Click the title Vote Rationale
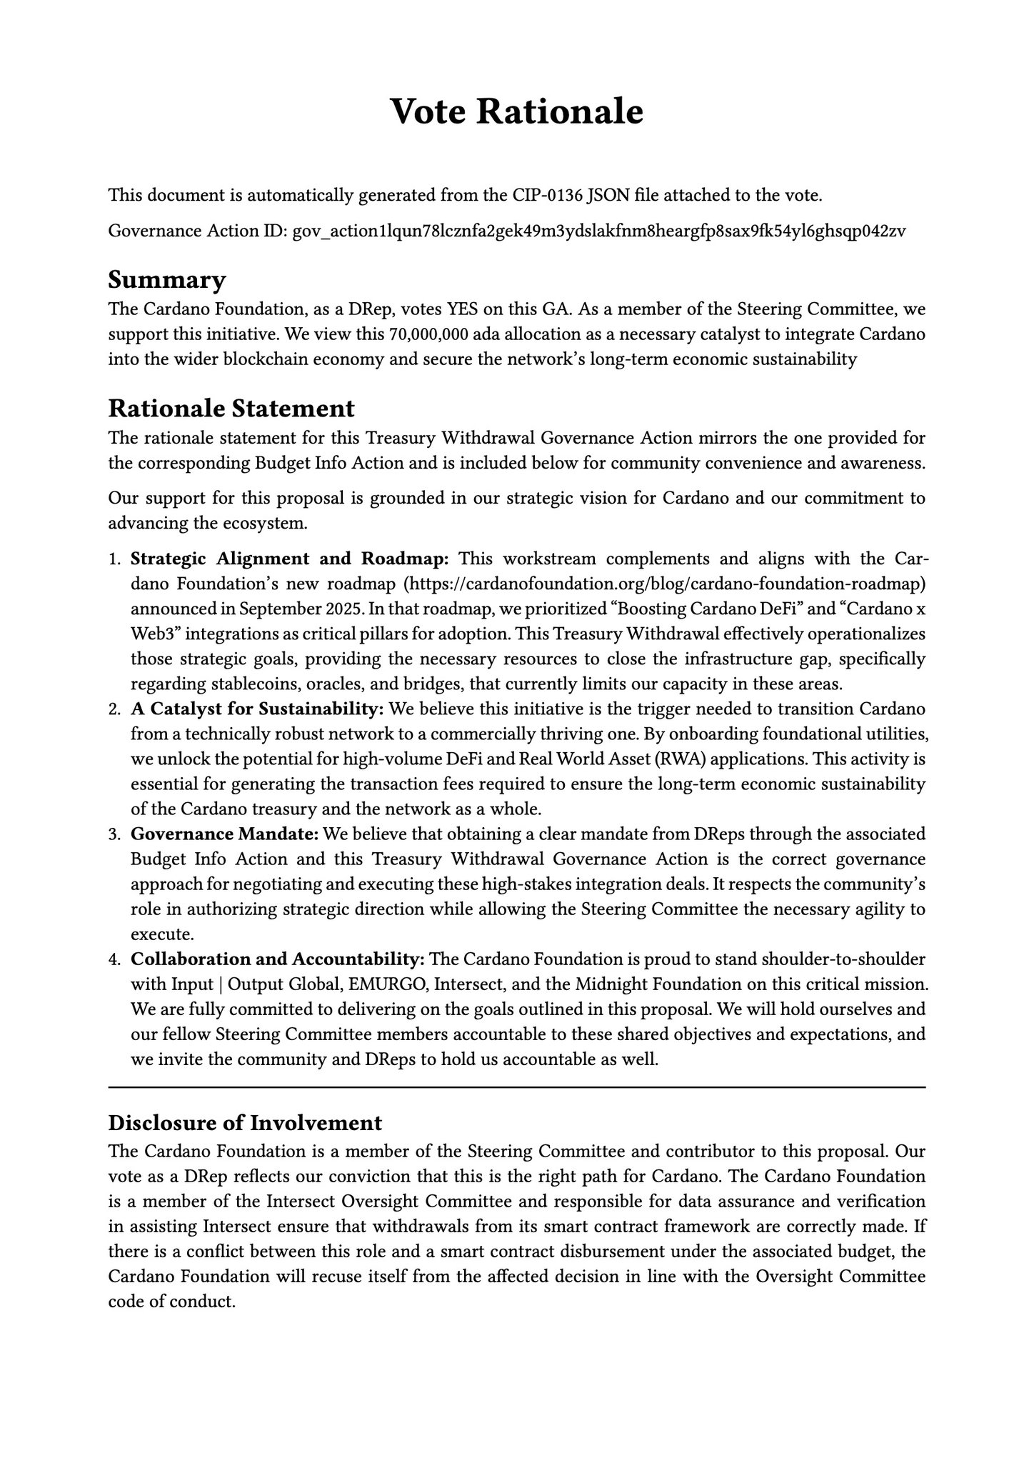(517, 112)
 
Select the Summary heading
(166, 279)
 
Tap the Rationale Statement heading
(231, 408)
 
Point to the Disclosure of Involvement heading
(245, 1122)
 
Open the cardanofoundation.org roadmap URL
(665, 584)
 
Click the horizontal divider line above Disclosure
(517, 1087)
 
